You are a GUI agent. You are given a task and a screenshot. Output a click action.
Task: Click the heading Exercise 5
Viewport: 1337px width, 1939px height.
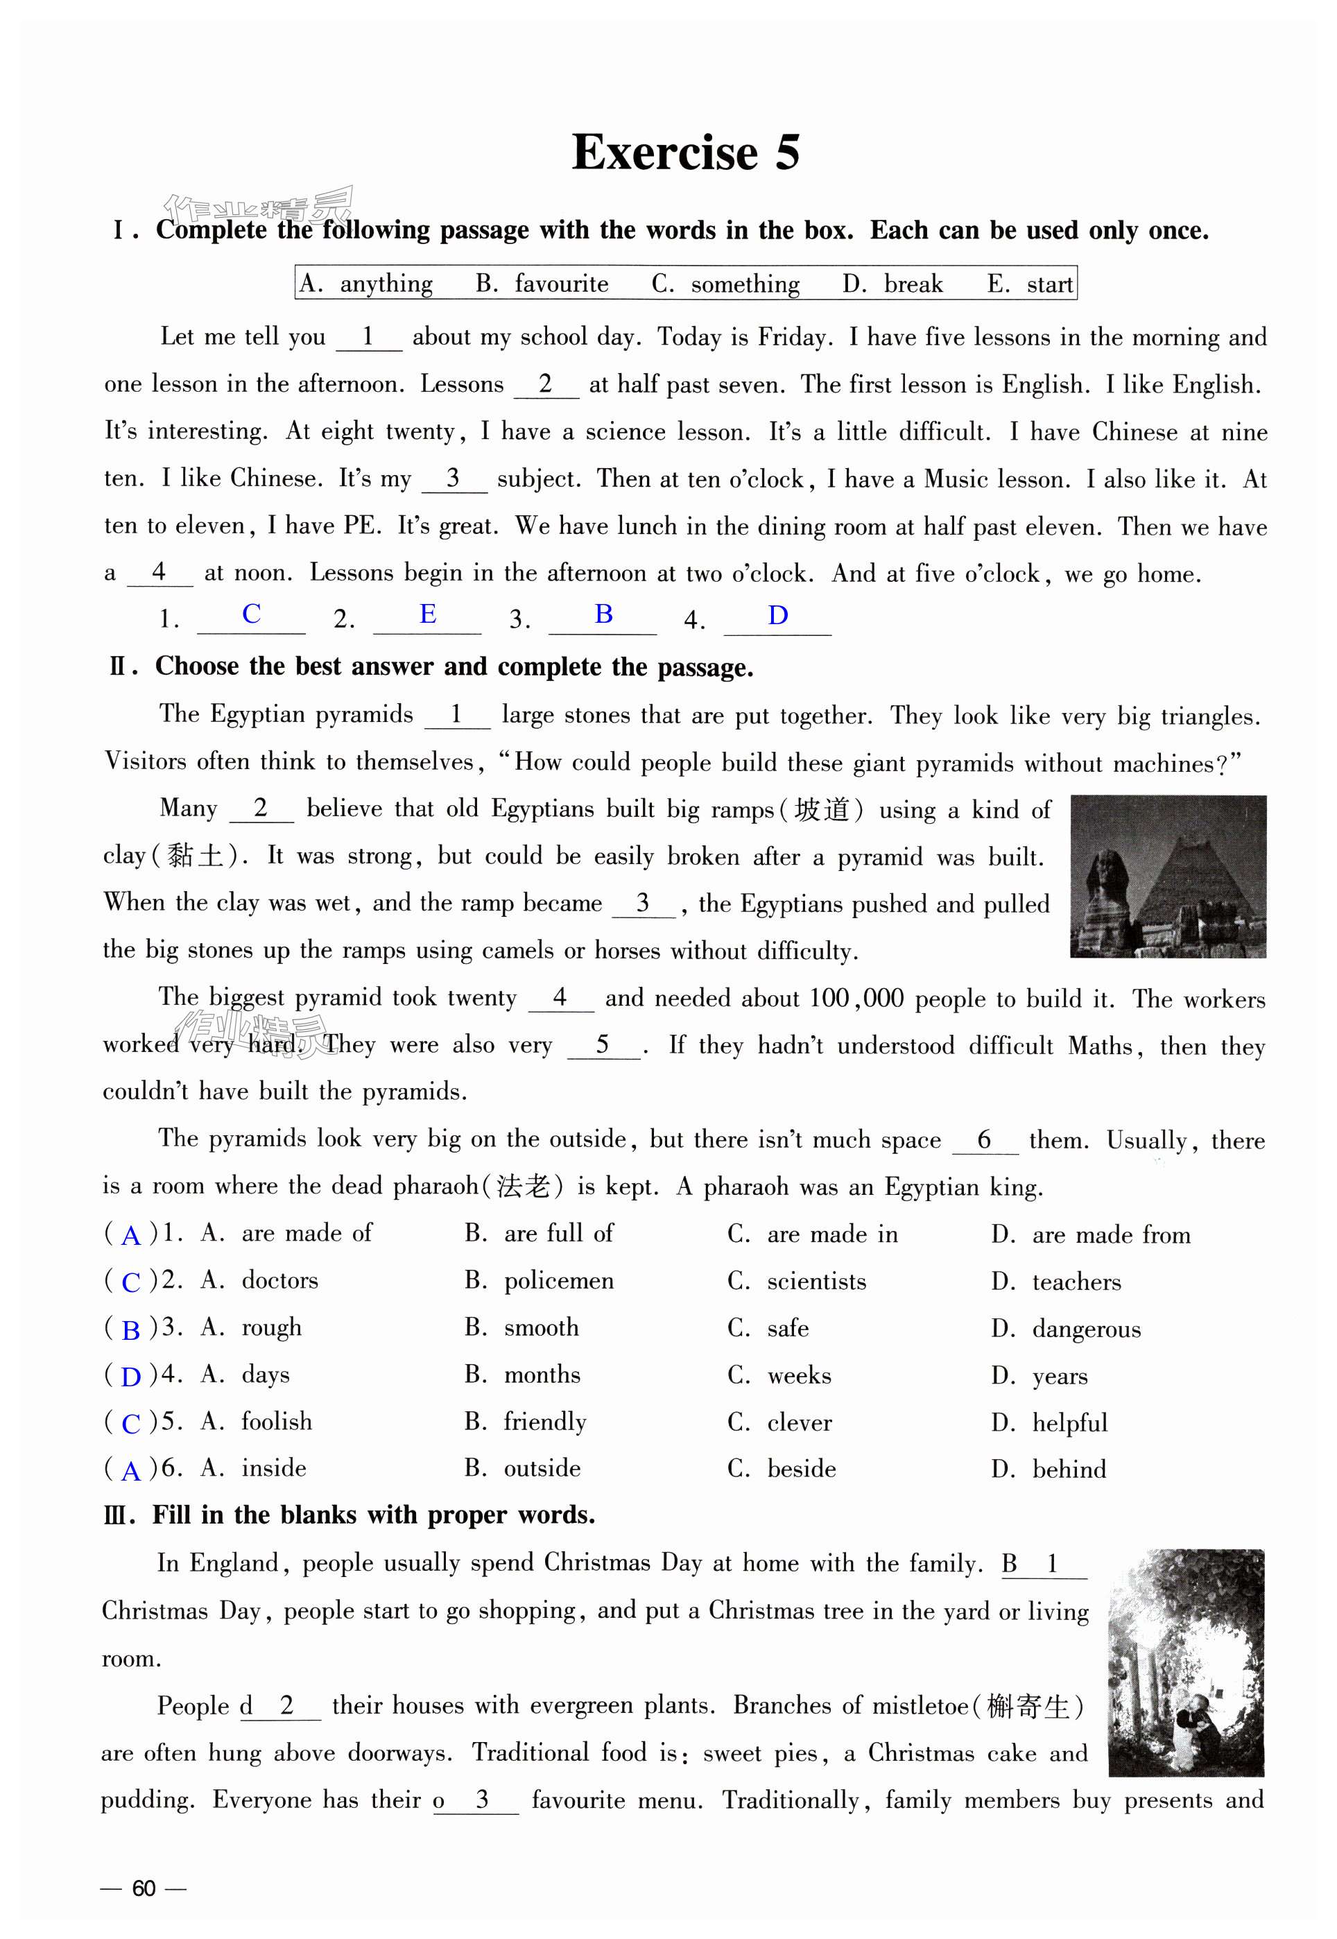pyautogui.click(x=685, y=153)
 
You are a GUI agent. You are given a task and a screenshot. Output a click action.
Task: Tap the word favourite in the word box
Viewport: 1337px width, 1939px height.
pyautogui.click(x=560, y=284)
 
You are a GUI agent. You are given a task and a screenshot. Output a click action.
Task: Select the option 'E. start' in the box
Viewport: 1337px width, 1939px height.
pyautogui.click(x=1030, y=284)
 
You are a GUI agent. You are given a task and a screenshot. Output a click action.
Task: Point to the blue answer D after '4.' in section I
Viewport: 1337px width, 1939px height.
pyautogui.click(x=777, y=616)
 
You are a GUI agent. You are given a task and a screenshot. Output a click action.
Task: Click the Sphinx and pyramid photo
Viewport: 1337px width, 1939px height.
pyautogui.click(x=1168, y=876)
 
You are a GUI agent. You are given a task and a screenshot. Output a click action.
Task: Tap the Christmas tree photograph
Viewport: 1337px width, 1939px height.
pyautogui.click(x=1185, y=1662)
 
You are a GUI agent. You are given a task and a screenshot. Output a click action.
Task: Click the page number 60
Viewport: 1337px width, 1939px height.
pyautogui.click(x=144, y=1888)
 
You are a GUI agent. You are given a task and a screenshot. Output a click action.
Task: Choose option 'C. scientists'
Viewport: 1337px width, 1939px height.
pyautogui.click(x=797, y=1282)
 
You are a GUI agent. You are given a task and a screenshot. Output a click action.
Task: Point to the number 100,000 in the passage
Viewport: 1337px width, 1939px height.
pyautogui.click(x=855, y=999)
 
